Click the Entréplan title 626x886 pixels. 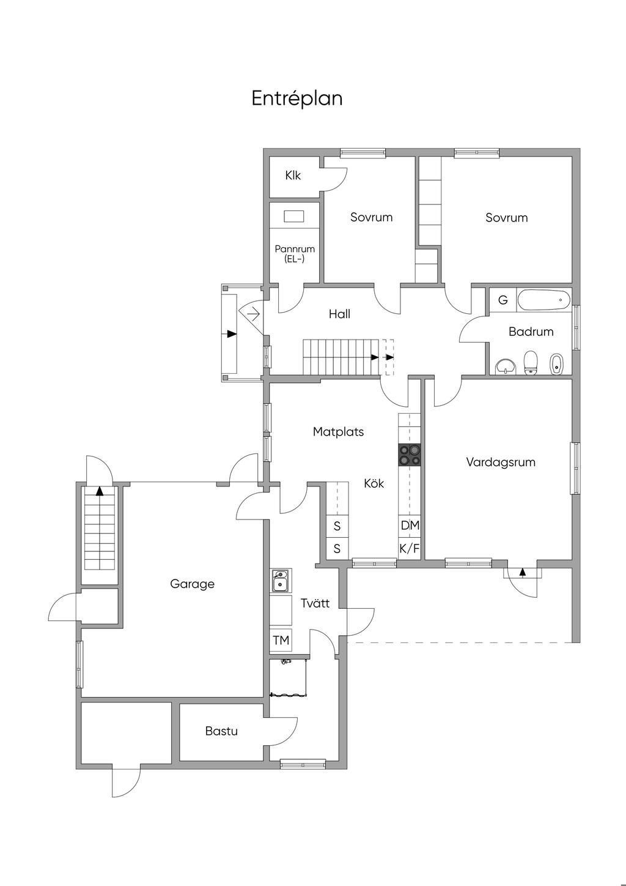[x=296, y=99]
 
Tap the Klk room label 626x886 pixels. [x=293, y=176]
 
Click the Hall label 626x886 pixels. [x=339, y=314]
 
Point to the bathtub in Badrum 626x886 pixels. [x=543, y=300]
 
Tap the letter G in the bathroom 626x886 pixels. [x=503, y=300]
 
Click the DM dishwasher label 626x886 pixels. [x=410, y=525]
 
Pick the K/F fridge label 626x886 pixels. [x=410, y=548]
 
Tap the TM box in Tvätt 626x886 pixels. [x=281, y=641]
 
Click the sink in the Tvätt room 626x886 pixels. [x=281, y=581]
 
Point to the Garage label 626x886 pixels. [x=192, y=584]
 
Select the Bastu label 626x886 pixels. [x=221, y=731]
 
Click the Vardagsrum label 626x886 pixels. [x=501, y=462]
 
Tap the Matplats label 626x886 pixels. [x=338, y=431]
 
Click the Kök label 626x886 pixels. [x=374, y=483]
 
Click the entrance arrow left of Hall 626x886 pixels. [x=231, y=334]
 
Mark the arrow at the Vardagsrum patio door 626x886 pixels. [x=522, y=572]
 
